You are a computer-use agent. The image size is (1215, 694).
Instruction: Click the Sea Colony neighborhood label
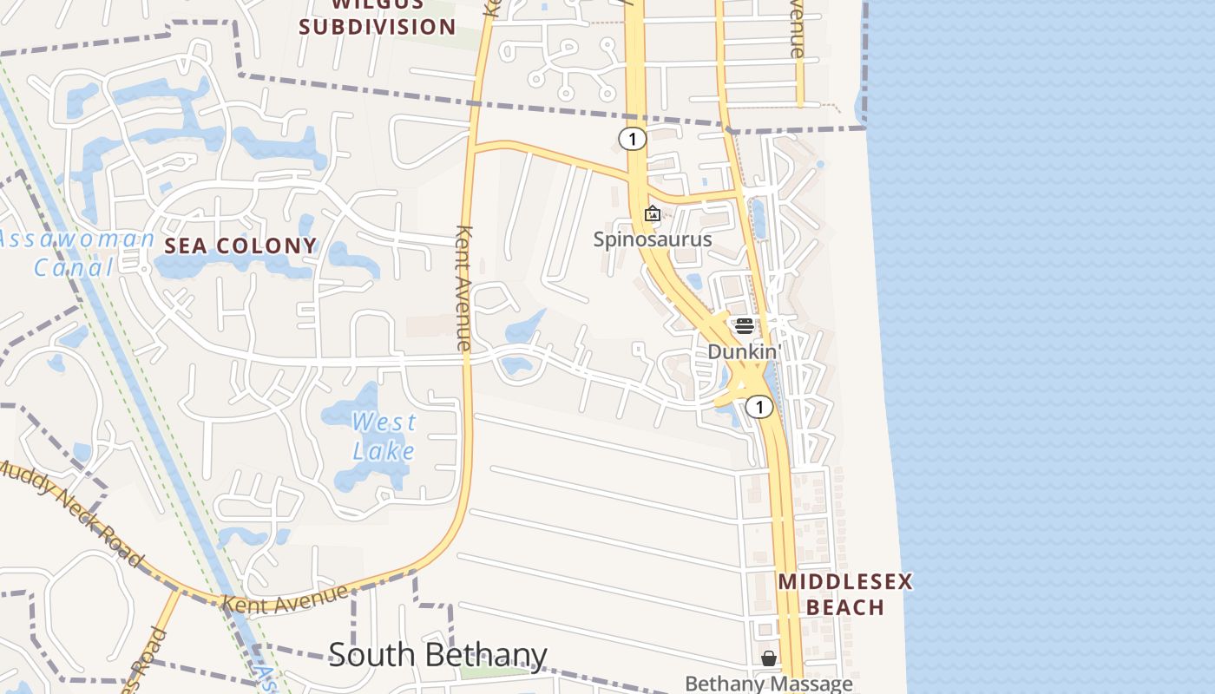[x=240, y=246]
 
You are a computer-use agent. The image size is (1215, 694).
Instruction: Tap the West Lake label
[x=384, y=436]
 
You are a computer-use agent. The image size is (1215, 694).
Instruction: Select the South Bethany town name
[x=437, y=655]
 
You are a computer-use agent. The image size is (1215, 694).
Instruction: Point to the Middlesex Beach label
[x=844, y=593]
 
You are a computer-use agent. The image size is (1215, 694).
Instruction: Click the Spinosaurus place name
[x=653, y=239]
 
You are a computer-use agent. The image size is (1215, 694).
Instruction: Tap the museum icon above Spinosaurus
[x=653, y=213]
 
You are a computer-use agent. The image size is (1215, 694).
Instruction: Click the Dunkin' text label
[x=745, y=351]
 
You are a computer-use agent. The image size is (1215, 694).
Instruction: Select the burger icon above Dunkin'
[x=744, y=326]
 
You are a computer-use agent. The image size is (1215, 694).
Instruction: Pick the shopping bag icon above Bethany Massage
[x=768, y=658]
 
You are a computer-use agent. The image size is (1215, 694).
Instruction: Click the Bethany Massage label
[x=768, y=684]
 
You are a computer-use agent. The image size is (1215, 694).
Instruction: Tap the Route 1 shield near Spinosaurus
[x=633, y=139]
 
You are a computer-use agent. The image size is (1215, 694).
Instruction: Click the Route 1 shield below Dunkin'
[x=759, y=407]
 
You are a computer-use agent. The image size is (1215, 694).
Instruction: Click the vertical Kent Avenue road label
[x=463, y=288]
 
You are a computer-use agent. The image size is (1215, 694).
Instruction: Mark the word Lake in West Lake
[x=384, y=451]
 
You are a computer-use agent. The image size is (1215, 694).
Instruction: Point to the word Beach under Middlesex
[x=844, y=606]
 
